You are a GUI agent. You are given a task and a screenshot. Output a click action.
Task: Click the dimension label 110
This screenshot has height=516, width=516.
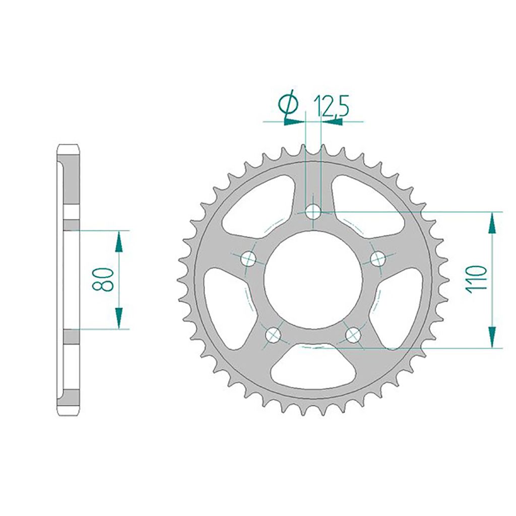pyautogui.click(x=476, y=278)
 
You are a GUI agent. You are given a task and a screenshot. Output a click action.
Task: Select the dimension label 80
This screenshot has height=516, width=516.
pyautogui.click(x=102, y=279)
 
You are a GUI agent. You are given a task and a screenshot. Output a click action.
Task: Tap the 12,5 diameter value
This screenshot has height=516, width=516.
pyautogui.click(x=331, y=106)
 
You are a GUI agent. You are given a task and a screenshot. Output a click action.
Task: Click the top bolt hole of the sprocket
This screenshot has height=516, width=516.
pyautogui.click(x=313, y=212)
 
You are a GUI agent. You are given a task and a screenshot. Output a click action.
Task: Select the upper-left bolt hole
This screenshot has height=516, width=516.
pyautogui.click(x=248, y=259)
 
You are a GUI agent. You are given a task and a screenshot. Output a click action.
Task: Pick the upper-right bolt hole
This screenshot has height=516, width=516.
pyautogui.click(x=378, y=259)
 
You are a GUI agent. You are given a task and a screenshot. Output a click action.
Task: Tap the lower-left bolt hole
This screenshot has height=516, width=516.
pyautogui.click(x=273, y=335)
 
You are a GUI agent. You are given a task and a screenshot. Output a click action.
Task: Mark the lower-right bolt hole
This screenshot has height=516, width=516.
pyautogui.click(x=353, y=335)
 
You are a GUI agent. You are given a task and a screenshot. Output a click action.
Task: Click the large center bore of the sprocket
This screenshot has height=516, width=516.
pyautogui.click(x=313, y=280)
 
